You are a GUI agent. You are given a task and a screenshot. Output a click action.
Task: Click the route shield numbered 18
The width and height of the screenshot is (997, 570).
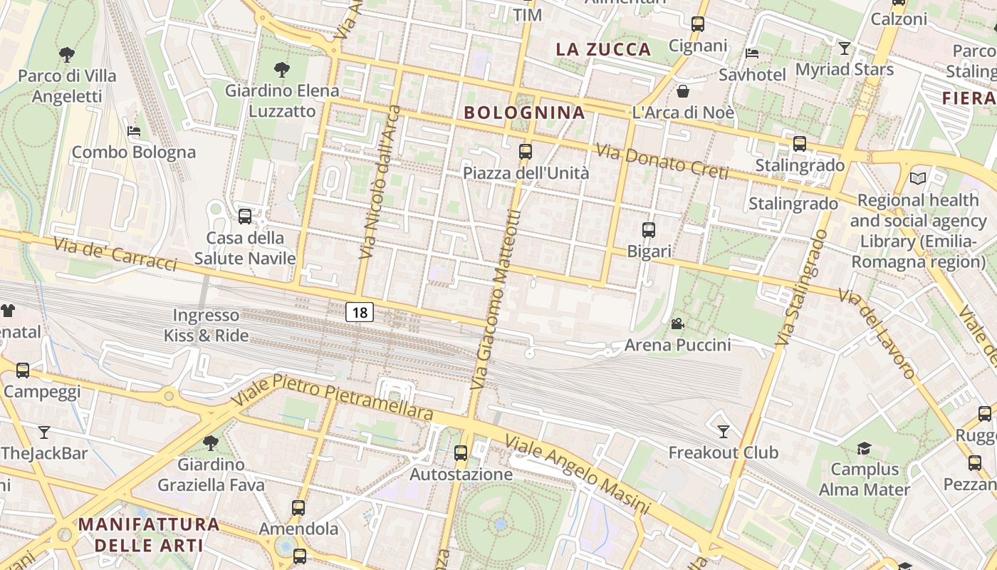pyautogui.click(x=360, y=311)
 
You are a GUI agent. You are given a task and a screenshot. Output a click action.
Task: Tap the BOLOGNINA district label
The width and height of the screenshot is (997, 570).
pyautogui.click(x=524, y=112)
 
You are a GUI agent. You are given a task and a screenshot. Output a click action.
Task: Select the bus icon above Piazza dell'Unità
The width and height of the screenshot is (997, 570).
pyautogui.click(x=526, y=151)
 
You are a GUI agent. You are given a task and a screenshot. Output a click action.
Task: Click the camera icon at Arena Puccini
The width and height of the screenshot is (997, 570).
pyautogui.click(x=677, y=324)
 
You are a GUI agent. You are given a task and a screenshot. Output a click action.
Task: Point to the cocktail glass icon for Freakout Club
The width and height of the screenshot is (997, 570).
pyautogui.click(x=724, y=431)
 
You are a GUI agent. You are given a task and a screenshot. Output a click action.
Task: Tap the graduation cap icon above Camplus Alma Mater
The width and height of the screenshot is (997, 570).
pyautogui.click(x=864, y=448)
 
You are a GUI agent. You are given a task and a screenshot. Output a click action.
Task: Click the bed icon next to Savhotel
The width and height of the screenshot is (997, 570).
pyautogui.click(x=752, y=53)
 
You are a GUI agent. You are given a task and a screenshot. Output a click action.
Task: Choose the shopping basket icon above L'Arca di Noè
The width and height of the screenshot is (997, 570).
pyautogui.click(x=682, y=90)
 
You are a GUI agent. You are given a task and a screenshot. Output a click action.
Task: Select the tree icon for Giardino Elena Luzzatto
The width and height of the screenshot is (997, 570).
pyautogui.click(x=282, y=69)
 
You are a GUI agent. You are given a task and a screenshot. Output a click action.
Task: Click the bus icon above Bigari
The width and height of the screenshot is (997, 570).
pyautogui.click(x=648, y=229)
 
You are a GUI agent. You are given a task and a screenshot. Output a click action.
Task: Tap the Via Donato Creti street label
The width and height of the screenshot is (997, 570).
pyautogui.click(x=662, y=162)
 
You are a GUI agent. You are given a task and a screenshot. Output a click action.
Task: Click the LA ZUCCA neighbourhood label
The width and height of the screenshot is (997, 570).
pyautogui.click(x=603, y=49)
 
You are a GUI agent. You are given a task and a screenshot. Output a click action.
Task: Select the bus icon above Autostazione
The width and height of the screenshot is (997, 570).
pyautogui.click(x=461, y=452)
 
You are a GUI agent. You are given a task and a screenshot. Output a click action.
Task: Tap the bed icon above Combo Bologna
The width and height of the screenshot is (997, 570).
pyautogui.click(x=133, y=130)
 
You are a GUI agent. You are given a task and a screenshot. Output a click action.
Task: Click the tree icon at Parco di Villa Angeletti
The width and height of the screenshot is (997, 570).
pyautogui.click(x=67, y=54)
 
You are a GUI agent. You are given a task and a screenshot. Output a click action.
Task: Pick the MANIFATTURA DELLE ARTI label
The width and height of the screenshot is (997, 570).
pyautogui.click(x=149, y=534)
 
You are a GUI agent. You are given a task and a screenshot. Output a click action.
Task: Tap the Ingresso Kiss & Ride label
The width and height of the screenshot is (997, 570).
pyautogui.click(x=207, y=325)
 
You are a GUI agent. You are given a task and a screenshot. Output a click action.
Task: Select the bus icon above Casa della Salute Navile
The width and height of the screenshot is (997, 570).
pyautogui.click(x=245, y=216)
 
